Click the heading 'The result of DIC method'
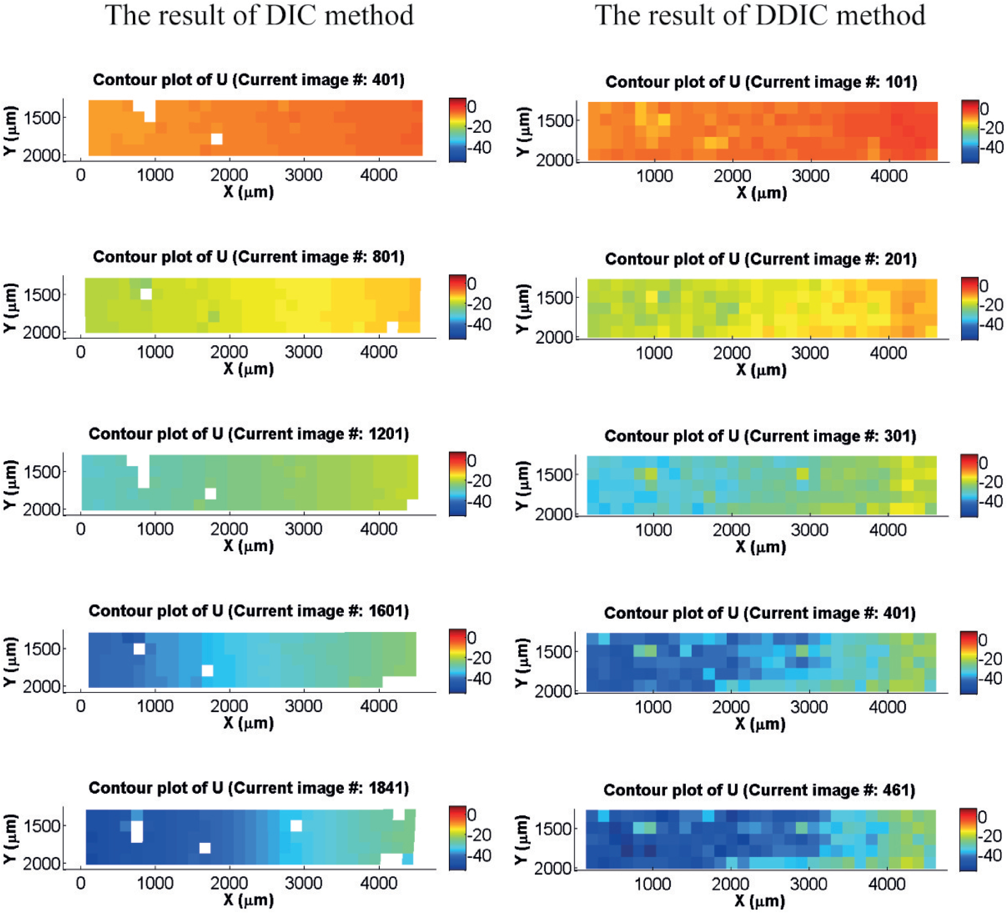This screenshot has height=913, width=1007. (259, 15)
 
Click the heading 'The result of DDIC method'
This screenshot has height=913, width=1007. (760, 15)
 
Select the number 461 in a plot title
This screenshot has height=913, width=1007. (898, 790)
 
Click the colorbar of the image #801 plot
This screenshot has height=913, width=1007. (457, 307)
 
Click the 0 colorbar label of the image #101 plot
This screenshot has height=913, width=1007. (984, 109)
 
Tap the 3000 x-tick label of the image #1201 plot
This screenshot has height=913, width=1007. (304, 529)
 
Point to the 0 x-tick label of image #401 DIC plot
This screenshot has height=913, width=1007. (81, 175)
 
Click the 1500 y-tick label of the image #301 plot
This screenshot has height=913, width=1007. (555, 475)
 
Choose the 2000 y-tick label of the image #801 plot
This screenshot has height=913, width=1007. (41, 333)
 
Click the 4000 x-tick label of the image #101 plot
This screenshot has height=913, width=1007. (888, 176)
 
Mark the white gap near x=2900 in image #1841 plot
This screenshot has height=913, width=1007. (296, 826)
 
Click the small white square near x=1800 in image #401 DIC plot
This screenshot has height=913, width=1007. (217, 139)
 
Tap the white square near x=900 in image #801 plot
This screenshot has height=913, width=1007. (146, 294)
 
